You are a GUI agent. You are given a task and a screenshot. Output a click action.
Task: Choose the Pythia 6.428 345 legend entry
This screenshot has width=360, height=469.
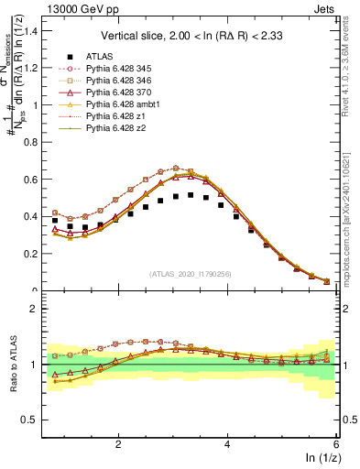point(120,68)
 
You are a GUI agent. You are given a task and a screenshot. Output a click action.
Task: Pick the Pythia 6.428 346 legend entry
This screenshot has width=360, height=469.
point(120,80)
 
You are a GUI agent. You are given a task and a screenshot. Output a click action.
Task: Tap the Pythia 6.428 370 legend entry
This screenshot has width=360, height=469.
point(120,92)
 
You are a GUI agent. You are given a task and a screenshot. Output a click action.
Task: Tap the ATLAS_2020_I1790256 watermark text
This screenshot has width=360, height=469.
point(190,273)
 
